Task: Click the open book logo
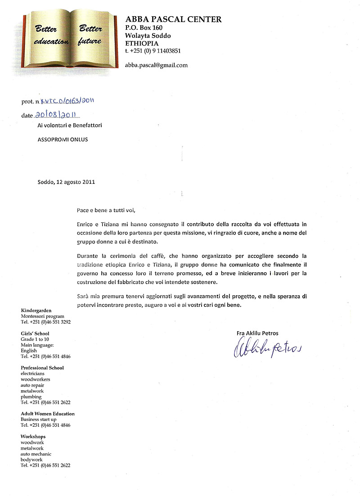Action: tap(69, 40)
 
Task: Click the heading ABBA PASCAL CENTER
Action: tap(173, 19)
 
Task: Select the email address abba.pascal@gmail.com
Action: tap(156, 65)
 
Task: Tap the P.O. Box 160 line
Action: tap(144, 28)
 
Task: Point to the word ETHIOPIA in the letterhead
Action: tap(142, 43)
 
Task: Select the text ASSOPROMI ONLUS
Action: tap(63, 140)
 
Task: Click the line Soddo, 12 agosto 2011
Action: tap(66, 182)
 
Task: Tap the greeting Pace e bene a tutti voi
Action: tap(106, 210)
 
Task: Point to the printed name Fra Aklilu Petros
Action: tap(257, 333)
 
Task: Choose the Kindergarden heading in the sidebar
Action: tap(36, 311)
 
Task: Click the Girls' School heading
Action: tap(35, 334)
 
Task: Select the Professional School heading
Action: tap(42, 368)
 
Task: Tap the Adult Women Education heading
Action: tap(48, 414)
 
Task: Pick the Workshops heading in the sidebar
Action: tap(33, 437)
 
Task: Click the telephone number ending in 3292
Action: tap(46, 322)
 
